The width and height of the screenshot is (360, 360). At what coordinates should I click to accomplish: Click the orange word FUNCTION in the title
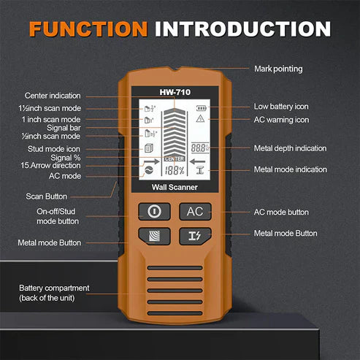tap(88, 28)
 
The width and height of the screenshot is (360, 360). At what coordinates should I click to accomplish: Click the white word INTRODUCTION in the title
tap(242, 28)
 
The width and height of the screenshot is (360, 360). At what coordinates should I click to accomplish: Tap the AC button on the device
tap(195, 211)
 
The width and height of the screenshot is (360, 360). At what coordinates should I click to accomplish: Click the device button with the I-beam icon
tap(195, 235)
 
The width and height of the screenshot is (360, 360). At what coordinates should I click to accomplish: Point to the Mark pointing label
tap(278, 69)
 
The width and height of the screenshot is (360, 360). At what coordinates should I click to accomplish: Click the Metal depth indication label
tap(290, 148)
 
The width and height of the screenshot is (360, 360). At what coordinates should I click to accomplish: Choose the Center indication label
tap(53, 96)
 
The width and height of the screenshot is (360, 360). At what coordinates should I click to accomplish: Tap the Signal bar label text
tap(62, 126)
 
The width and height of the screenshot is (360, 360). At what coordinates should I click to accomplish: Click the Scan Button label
tap(47, 196)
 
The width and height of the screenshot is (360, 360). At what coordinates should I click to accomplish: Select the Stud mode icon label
tap(56, 148)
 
